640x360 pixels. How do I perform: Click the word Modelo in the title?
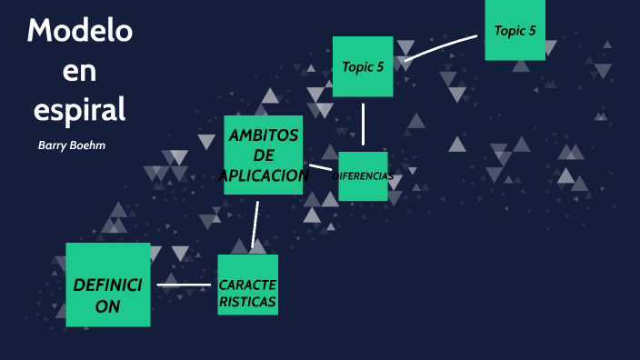pyautogui.click(x=79, y=31)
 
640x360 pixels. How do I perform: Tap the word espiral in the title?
pyautogui.click(x=79, y=108)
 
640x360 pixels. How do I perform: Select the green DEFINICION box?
pyautogui.click(x=107, y=285)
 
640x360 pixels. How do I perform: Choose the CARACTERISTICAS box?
pyautogui.click(x=247, y=285)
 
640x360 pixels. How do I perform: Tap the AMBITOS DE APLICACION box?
pyautogui.click(x=264, y=155)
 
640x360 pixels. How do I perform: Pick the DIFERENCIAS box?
pyautogui.click(x=364, y=175)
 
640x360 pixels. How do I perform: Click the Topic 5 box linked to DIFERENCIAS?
pyautogui.click(x=363, y=66)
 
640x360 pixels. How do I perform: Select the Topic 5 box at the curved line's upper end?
pyautogui.click(x=515, y=30)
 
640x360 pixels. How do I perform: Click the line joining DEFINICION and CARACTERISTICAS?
pyautogui.click(x=184, y=285)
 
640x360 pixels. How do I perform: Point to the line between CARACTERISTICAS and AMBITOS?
pyautogui.click(x=256, y=224)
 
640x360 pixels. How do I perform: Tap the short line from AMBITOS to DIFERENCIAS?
pyautogui.click(x=320, y=167)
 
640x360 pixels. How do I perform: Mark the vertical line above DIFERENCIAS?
pyautogui.click(x=363, y=124)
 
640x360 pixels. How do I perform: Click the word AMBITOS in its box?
pyautogui.click(x=263, y=135)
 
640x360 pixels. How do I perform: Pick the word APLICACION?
pyautogui.click(x=265, y=175)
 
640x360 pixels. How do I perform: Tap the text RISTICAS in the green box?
pyautogui.click(x=247, y=302)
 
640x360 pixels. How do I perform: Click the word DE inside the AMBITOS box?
pyautogui.click(x=264, y=155)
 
